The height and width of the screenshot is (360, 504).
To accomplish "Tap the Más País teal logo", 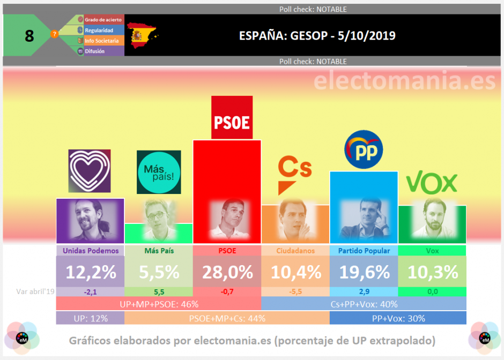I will tap(159, 172).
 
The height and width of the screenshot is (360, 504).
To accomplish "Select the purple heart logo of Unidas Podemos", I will tap(90, 171).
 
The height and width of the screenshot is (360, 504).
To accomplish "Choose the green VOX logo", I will tap(432, 183).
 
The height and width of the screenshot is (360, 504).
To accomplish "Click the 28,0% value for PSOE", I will tap(227, 272).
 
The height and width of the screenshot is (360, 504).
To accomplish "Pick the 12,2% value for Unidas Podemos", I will tap(90, 272).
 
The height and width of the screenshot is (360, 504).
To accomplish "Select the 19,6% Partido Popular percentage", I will tap(364, 272).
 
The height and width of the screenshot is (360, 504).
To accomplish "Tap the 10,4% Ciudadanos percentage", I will tap(295, 272).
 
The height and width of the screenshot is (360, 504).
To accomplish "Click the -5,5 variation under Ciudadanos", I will tap(295, 291).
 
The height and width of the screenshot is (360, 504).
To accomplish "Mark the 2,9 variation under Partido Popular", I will tap(364, 291).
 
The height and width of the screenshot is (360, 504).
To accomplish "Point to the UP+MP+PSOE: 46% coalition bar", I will tap(159, 304).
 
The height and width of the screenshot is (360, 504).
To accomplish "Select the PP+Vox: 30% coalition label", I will tap(398, 318).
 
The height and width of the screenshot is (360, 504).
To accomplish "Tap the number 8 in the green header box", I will tap(29, 36).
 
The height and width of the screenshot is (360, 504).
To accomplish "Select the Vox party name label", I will tap(432, 250).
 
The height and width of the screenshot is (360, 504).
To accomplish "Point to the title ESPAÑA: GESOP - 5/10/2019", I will tap(317, 36).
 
